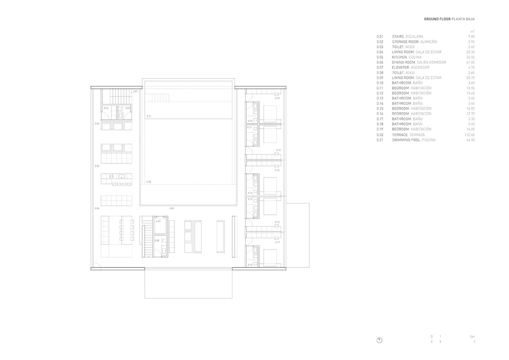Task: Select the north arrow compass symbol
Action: coord(380,340)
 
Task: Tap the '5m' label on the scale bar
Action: coord(472,336)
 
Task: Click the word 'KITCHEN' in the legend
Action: coord(400,57)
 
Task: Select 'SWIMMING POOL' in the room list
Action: coord(406,140)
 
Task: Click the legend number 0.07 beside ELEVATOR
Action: coord(380,67)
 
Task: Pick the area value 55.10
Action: coord(470,78)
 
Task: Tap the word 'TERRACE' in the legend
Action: coord(400,135)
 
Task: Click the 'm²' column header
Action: coord(472,31)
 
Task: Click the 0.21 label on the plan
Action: coord(149,116)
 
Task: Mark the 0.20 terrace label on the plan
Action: coord(149,181)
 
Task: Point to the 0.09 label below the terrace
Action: coord(171,208)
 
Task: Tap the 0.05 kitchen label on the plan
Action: coord(97,166)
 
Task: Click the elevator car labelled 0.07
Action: coord(159,228)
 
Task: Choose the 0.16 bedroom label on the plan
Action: coord(278,150)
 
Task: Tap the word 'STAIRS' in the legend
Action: coord(398,37)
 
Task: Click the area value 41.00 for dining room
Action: coord(470,62)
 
